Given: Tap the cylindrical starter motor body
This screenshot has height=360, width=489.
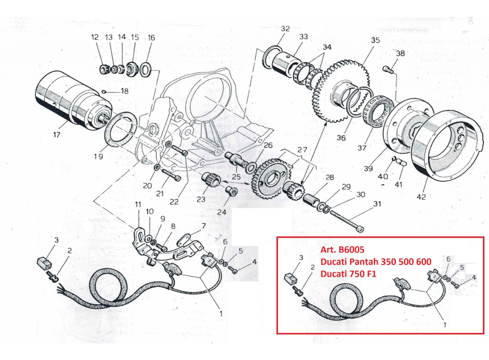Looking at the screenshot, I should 62,99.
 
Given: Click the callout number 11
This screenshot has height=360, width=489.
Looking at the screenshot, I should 137,205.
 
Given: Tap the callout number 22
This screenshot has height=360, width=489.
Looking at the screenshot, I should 174,202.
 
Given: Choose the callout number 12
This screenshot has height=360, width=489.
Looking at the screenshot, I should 95,38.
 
